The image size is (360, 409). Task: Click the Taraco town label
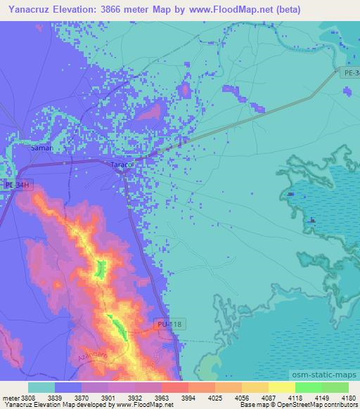pos(122,164)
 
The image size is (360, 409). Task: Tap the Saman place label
pos(42,149)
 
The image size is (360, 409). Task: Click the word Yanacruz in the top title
pos(26,10)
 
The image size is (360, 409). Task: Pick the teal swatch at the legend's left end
pos(41,387)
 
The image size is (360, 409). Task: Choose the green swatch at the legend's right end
pos(335,387)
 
